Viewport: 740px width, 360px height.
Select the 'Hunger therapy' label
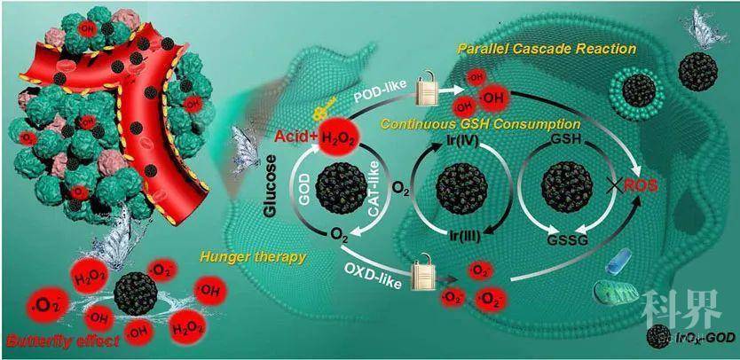click(x=266, y=256)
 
